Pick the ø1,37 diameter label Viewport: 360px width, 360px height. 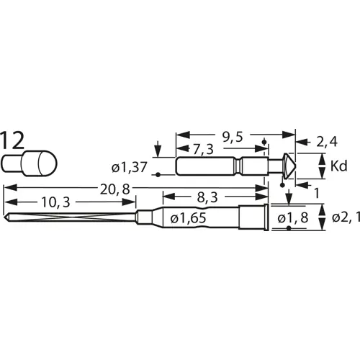point(129,168)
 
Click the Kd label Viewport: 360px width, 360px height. point(338,167)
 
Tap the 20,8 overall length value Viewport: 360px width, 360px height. point(111,189)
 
